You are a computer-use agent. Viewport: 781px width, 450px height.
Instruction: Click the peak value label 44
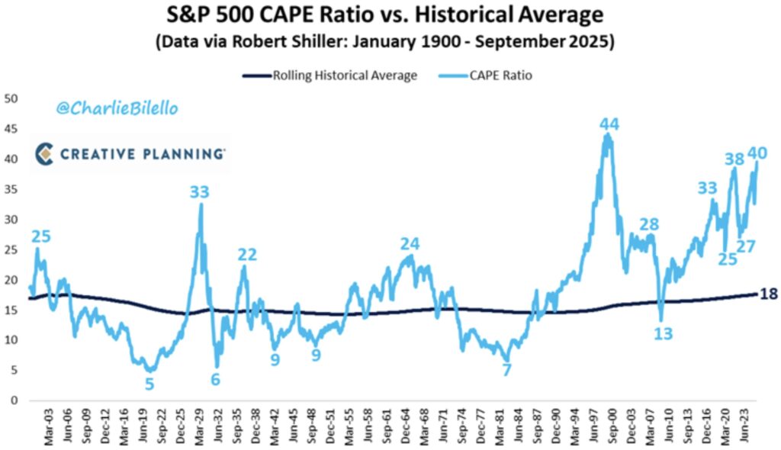pyautogui.click(x=608, y=124)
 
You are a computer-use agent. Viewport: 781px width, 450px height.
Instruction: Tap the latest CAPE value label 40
pyautogui.click(x=757, y=153)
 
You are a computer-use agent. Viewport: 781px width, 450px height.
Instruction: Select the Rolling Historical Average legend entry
pyautogui.click(x=330, y=76)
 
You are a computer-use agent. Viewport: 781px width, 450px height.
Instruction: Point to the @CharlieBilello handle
pyautogui.click(x=117, y=109)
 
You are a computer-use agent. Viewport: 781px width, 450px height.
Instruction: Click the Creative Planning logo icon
pyautogui.click(x=45, y=153)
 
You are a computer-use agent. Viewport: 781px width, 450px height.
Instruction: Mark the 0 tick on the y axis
pyautogui.click(x=13, y=400)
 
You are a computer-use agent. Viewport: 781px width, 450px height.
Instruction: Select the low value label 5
pyautogui.click(x=149, y=384)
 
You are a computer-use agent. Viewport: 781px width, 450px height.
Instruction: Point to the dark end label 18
pyautogui.click(x=769, y=294)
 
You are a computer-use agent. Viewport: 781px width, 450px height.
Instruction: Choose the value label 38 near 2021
pyautogui.click(x=734, y=159)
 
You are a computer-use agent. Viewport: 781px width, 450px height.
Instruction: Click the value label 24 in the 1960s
pyautogui.click(x=410, y=244)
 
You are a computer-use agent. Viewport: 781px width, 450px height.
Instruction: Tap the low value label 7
pyautogui.click(x=506, y=370)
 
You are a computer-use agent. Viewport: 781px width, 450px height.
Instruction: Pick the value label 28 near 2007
pyautogui.click(x=649, y=224)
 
